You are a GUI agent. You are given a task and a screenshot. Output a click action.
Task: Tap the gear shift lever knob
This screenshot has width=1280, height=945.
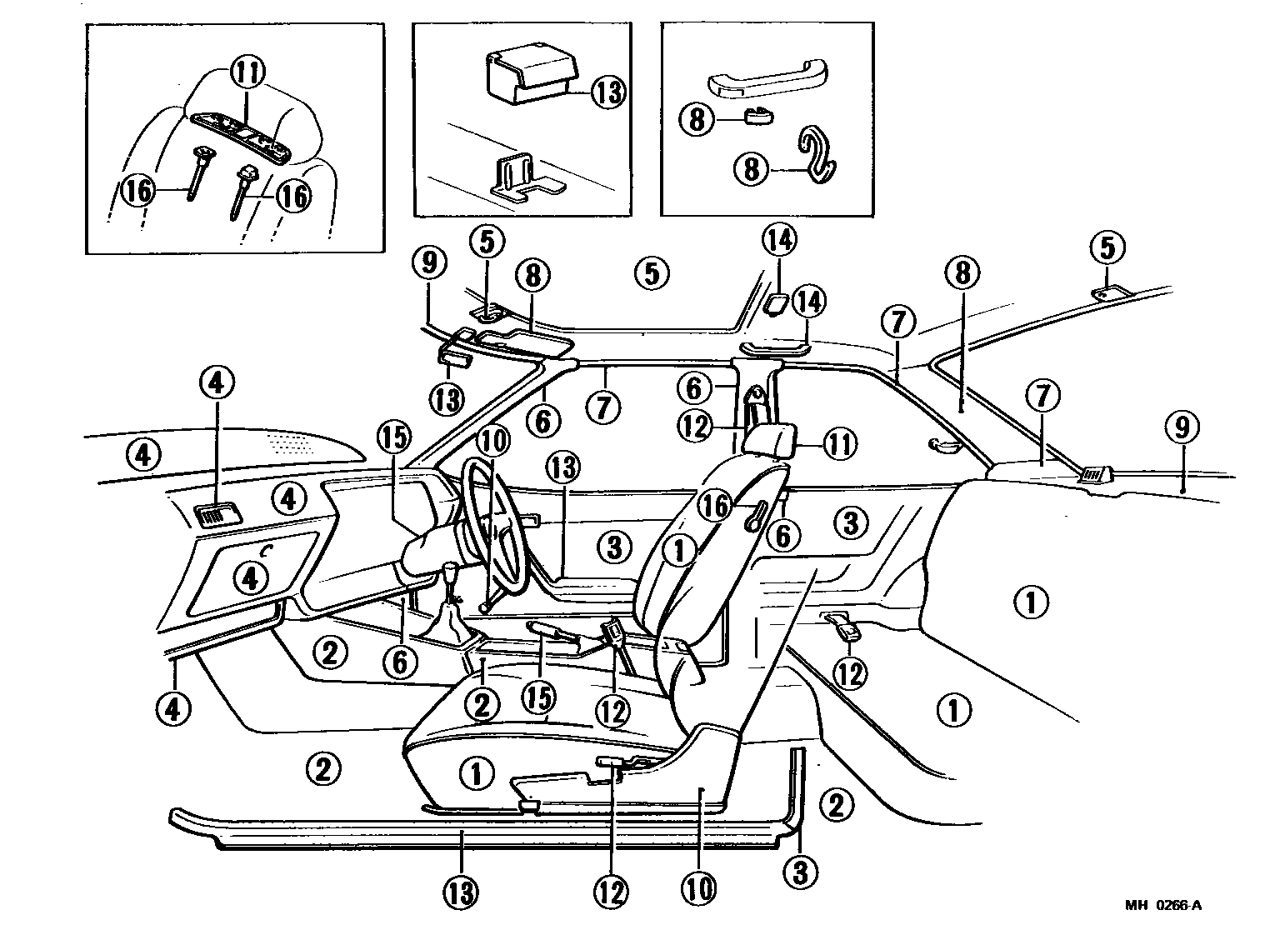coord(451,574)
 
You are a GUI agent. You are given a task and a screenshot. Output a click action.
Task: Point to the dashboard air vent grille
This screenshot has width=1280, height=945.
coord(215,517)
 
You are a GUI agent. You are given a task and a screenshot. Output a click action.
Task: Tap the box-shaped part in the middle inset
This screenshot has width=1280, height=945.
coord(529,77)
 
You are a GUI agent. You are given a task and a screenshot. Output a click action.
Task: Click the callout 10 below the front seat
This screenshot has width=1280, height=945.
coord(698,889)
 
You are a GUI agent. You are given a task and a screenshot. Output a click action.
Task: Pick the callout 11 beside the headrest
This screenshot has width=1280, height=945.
coord(839,444)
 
